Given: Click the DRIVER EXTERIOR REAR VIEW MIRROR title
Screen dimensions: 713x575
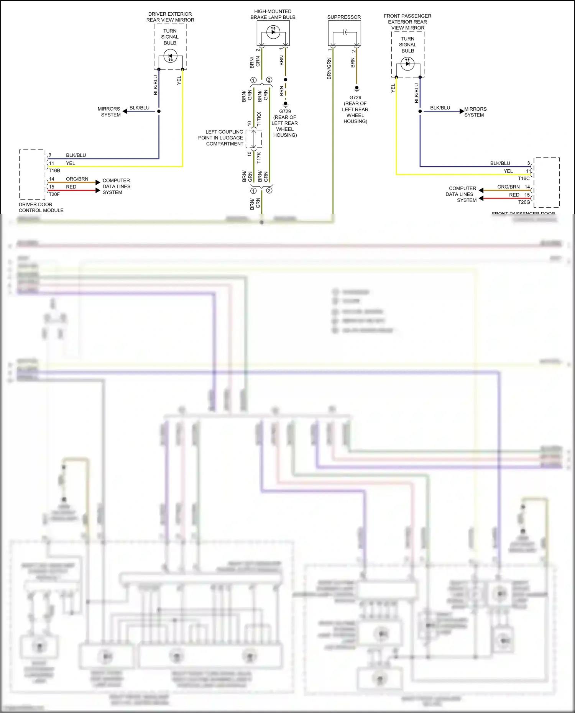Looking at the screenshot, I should (170, 17).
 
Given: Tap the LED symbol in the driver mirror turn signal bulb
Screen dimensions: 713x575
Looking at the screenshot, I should (170, 57).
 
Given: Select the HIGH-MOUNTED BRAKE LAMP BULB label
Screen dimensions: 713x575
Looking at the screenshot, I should (273, 14).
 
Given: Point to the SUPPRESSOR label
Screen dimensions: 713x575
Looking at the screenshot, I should (344, 17).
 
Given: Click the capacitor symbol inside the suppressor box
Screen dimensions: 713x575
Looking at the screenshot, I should (345, 32).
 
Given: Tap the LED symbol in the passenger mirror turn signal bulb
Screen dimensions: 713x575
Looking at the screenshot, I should (407, 63).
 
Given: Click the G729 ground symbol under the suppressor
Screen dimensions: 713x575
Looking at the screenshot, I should (356, 89).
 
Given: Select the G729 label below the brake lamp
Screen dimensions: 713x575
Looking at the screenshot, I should (285, 111).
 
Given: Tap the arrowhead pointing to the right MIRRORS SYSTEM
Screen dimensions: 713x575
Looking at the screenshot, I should (462, 111).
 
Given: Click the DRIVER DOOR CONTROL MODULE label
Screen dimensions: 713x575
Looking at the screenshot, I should (41, 207).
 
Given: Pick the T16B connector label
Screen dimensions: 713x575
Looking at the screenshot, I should (54, 170).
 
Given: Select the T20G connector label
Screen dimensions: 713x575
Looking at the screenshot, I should (524, 202).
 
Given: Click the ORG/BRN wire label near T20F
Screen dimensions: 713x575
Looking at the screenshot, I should (77, 179).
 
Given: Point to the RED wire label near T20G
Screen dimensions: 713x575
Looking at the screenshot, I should (514, 195).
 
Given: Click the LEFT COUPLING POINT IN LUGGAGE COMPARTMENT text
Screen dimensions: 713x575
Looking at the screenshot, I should (221, 138).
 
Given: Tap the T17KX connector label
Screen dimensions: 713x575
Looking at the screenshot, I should (259, 119).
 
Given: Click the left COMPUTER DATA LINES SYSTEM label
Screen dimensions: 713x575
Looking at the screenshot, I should (116, 187).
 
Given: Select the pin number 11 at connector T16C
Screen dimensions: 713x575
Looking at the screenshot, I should (528, 171).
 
